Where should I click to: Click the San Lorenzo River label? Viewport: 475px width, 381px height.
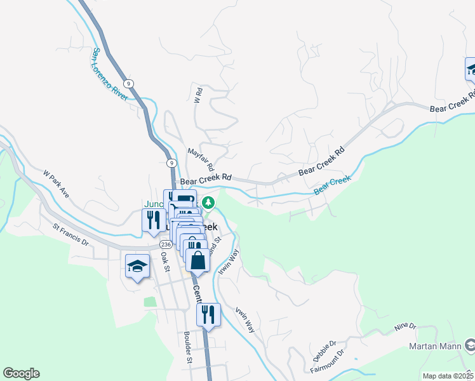pyautogui.click(x=110, y=74)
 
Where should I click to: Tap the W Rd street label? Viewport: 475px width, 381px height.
pyautogui.click(x=197, y=95)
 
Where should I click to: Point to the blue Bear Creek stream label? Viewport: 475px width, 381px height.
pyautogui.click(x=331, y=185)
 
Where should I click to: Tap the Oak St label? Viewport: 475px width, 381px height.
pyautogui.click(x=164, y=261)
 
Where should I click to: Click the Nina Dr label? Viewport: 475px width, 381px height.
pyautogui.click(x=405, y=327)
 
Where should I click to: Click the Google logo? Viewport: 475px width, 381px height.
pyautogui.click(x=21, y=373)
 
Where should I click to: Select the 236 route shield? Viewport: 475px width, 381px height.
pyautogui.click(x=165, y=244)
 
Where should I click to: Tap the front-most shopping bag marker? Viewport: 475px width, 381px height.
pyautogui.click(x=198, y=260)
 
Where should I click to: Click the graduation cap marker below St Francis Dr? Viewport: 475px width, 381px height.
pyautogui.click(x=137, y=267)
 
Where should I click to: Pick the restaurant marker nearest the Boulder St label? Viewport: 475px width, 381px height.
pyautogui.click(x=208, y=314)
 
